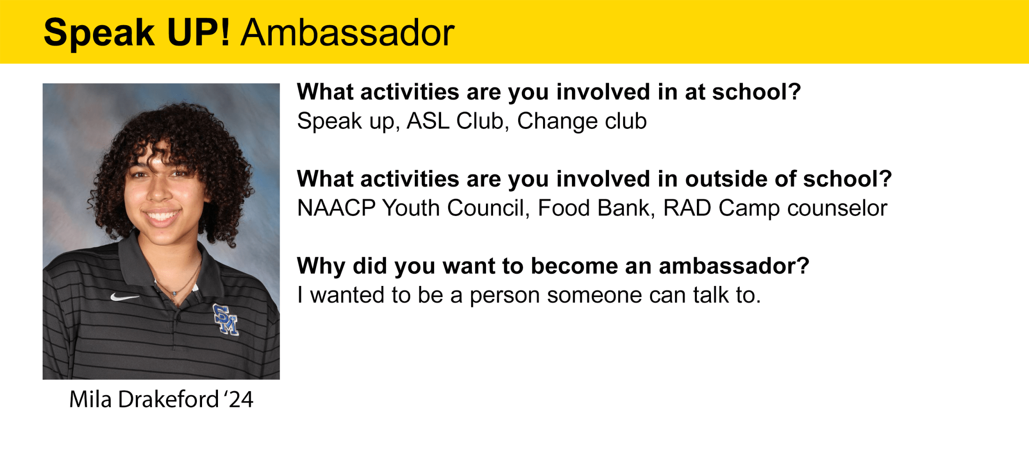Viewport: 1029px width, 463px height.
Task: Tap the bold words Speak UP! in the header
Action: (x=137, y=34)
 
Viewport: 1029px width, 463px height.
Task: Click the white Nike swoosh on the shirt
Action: (x=124, y=297)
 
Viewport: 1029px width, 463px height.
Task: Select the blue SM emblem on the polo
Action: (x=226, y=319)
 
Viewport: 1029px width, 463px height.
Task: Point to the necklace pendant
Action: (x=174, y=293)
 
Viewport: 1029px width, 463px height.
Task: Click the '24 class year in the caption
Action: (x=239, y=399)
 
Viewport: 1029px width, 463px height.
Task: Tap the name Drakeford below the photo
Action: (x=168, y=399)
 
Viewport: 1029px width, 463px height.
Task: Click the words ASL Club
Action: (x=455, y=121)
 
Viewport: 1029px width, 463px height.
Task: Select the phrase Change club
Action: (x=582, y=121)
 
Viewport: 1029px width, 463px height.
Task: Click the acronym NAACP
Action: (x=337, y=208)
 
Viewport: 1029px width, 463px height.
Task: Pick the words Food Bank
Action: (x=594, y=208)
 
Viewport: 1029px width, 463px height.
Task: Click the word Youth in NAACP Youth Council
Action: (x=411, y=208)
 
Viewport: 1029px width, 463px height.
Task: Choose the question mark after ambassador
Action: (x=804, y=266)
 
